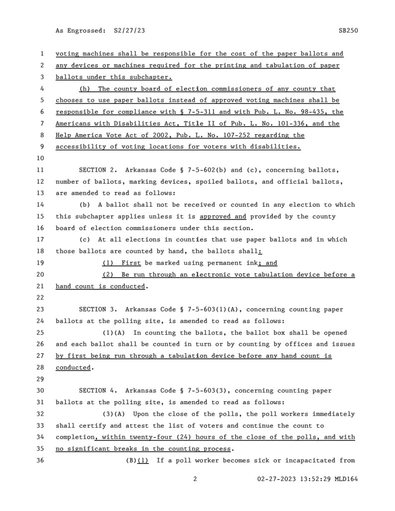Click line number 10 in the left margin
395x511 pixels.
click(42, 158)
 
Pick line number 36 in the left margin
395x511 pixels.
click(42, 460)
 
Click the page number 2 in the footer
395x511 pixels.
click(195, 479)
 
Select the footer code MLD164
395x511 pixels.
click(347, 479)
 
